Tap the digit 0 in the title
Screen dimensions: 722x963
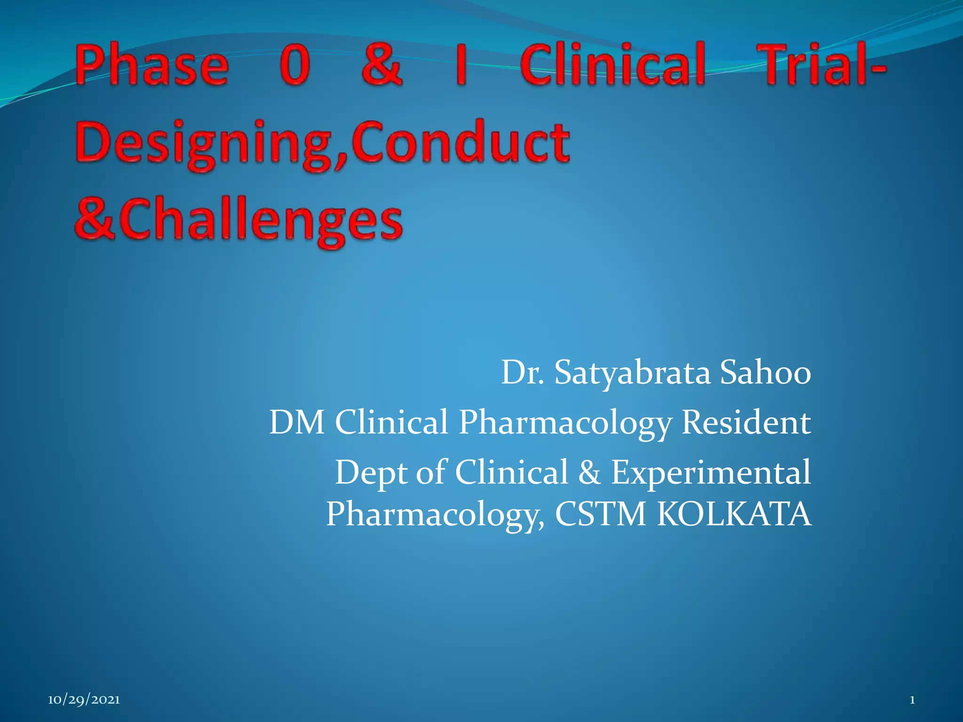pos(295,64)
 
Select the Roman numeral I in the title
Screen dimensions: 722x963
pos(461,64)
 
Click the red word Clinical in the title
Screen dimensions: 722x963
pos(612,64)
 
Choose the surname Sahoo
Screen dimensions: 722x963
pos(766,373)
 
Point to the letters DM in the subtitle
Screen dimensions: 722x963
pos(297,422)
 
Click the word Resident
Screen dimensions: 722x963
pos(746,422)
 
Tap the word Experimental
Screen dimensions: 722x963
pos(711,473)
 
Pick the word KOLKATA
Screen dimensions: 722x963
pos(734,514)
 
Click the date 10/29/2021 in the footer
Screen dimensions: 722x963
pos(84,700)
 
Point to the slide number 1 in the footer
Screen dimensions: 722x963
pos(912,700)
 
